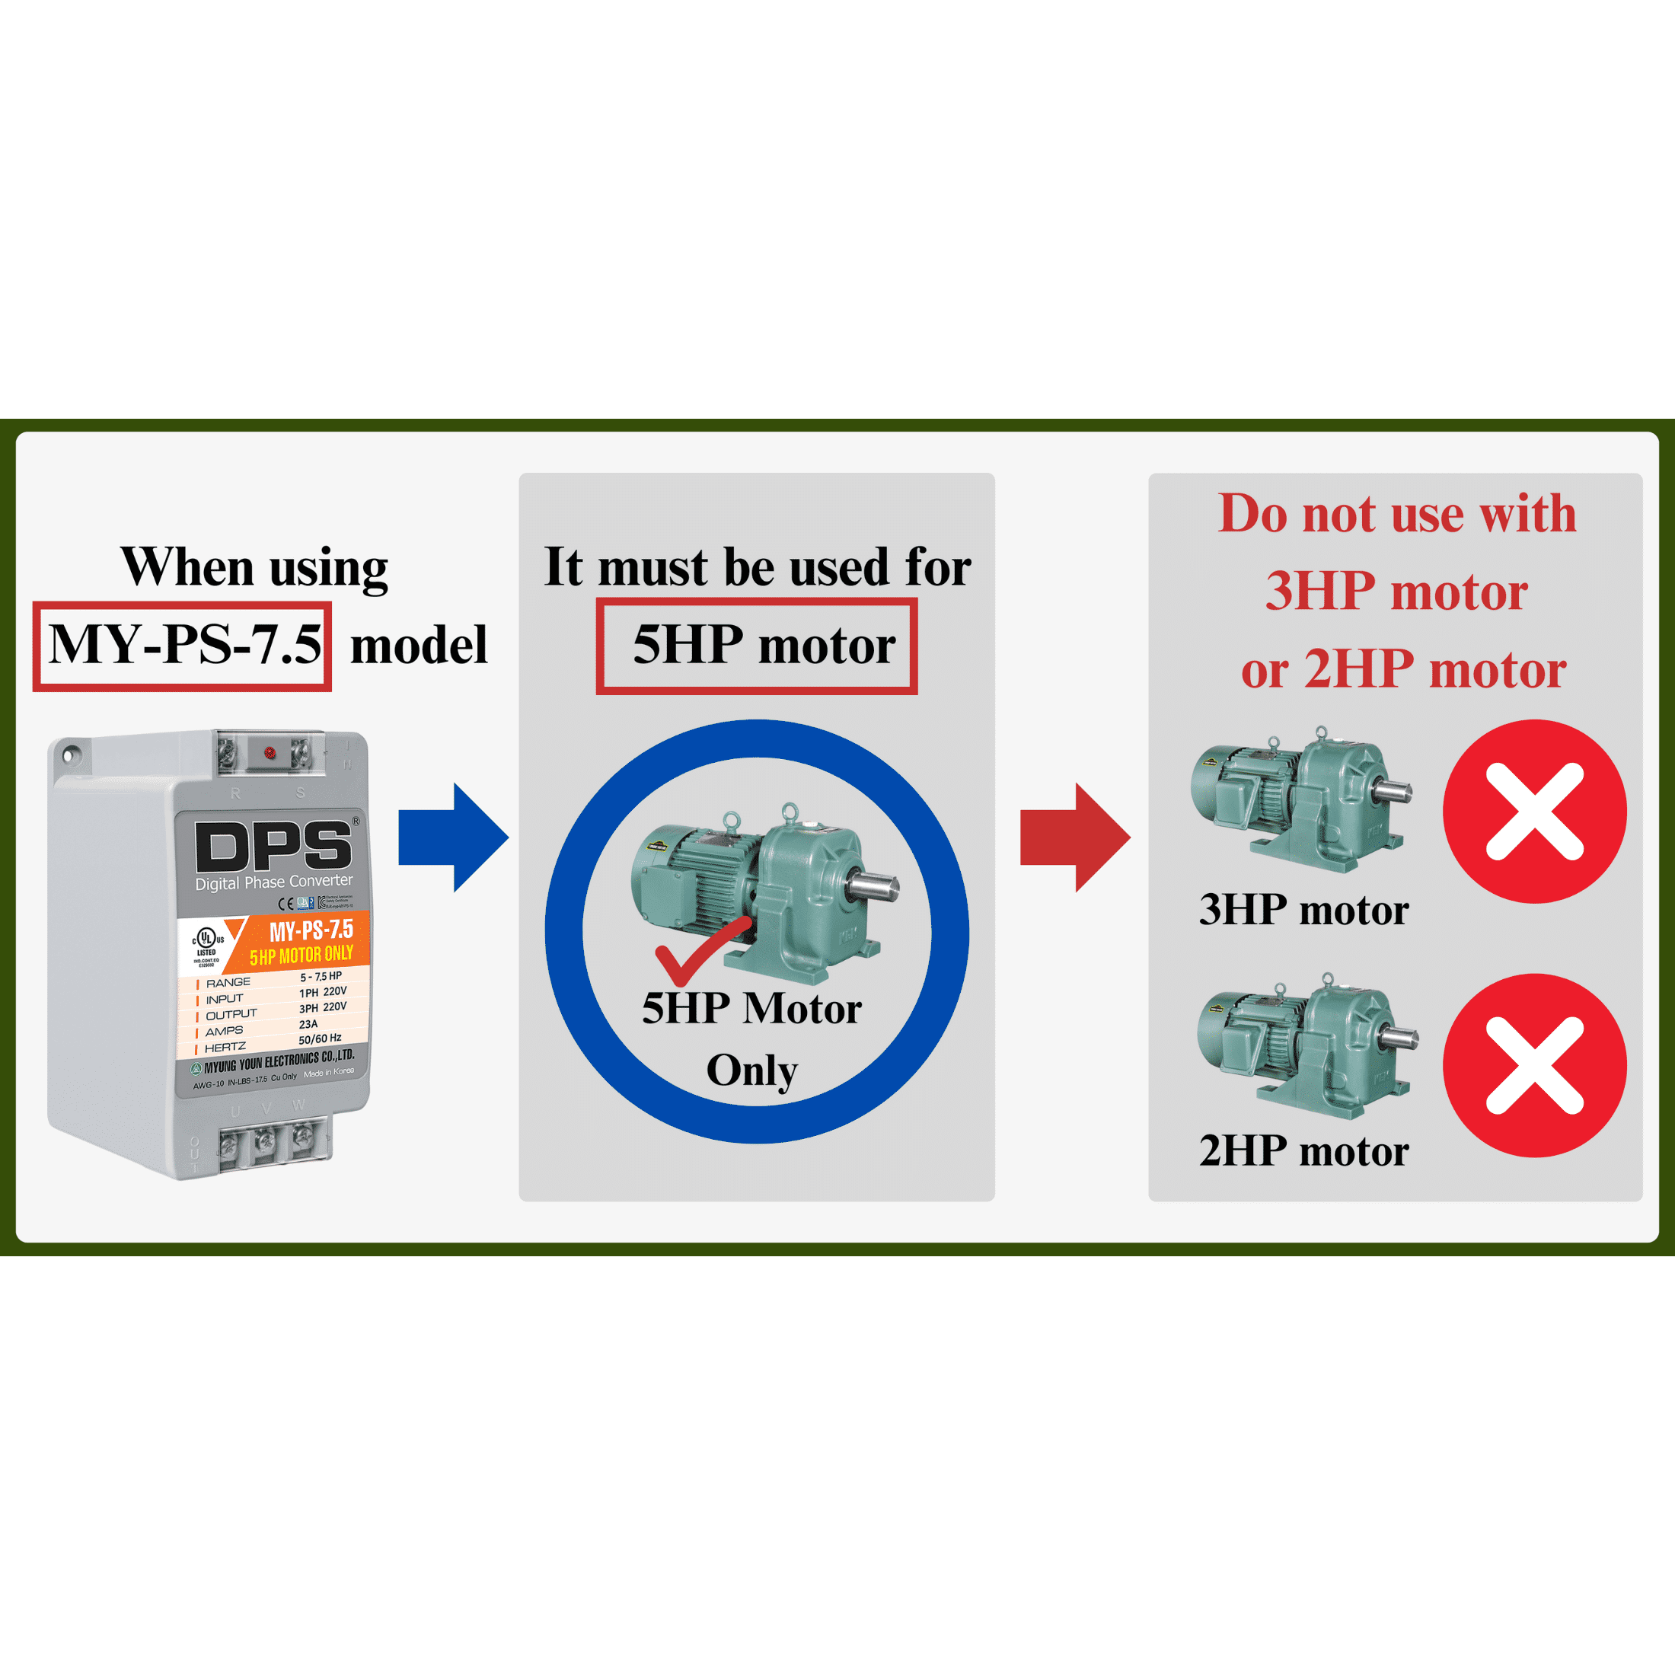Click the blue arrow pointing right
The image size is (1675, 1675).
451,837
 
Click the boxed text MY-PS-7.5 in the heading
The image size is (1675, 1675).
183,646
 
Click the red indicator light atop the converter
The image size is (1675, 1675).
270,752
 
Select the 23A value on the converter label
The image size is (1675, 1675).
308,1024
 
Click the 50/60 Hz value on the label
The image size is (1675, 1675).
320,1038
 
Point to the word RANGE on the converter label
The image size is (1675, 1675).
228,982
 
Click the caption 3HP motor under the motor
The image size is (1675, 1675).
1303,911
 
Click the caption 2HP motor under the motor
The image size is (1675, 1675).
1303,1151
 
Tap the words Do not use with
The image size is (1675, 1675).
1396,514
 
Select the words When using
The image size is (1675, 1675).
254,568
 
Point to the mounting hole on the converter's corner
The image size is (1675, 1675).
70,755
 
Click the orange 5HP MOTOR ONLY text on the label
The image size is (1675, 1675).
301,956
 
